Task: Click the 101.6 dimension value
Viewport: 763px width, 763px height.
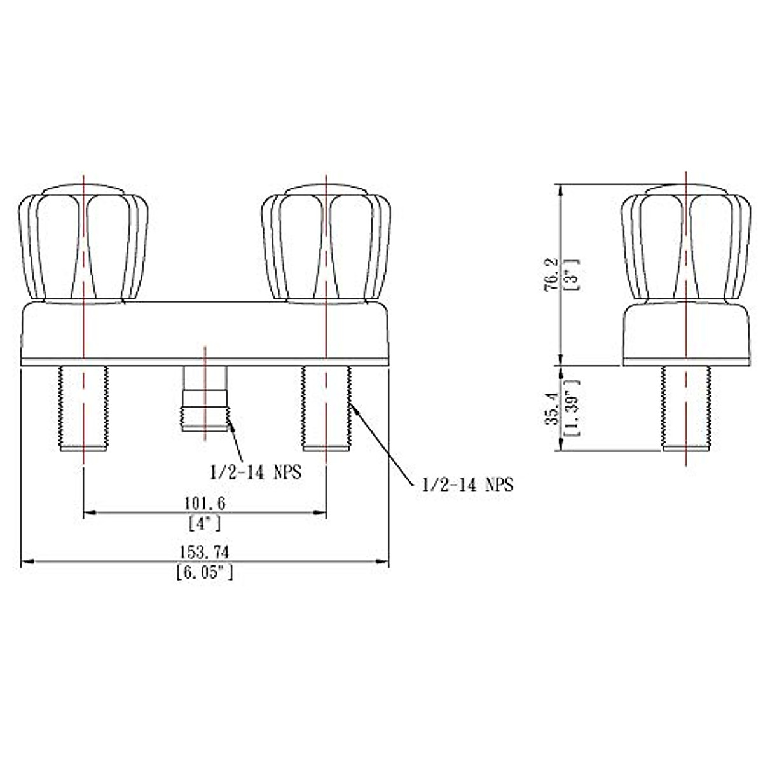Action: tap(205, 503)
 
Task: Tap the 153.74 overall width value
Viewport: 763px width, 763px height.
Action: tap(205, 551)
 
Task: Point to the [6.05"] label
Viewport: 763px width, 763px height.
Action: tap(205, 573)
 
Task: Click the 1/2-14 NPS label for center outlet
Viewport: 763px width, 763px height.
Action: tap(256, 472)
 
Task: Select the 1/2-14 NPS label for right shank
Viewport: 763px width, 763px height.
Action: tap(467, 485)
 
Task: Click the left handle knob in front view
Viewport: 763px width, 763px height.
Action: tap(84, 245)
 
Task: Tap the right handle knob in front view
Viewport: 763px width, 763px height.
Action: tap(326, 245)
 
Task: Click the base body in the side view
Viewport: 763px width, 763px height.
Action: tap(685, 334)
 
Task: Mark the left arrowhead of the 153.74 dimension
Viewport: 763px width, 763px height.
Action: tap(26, 561)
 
